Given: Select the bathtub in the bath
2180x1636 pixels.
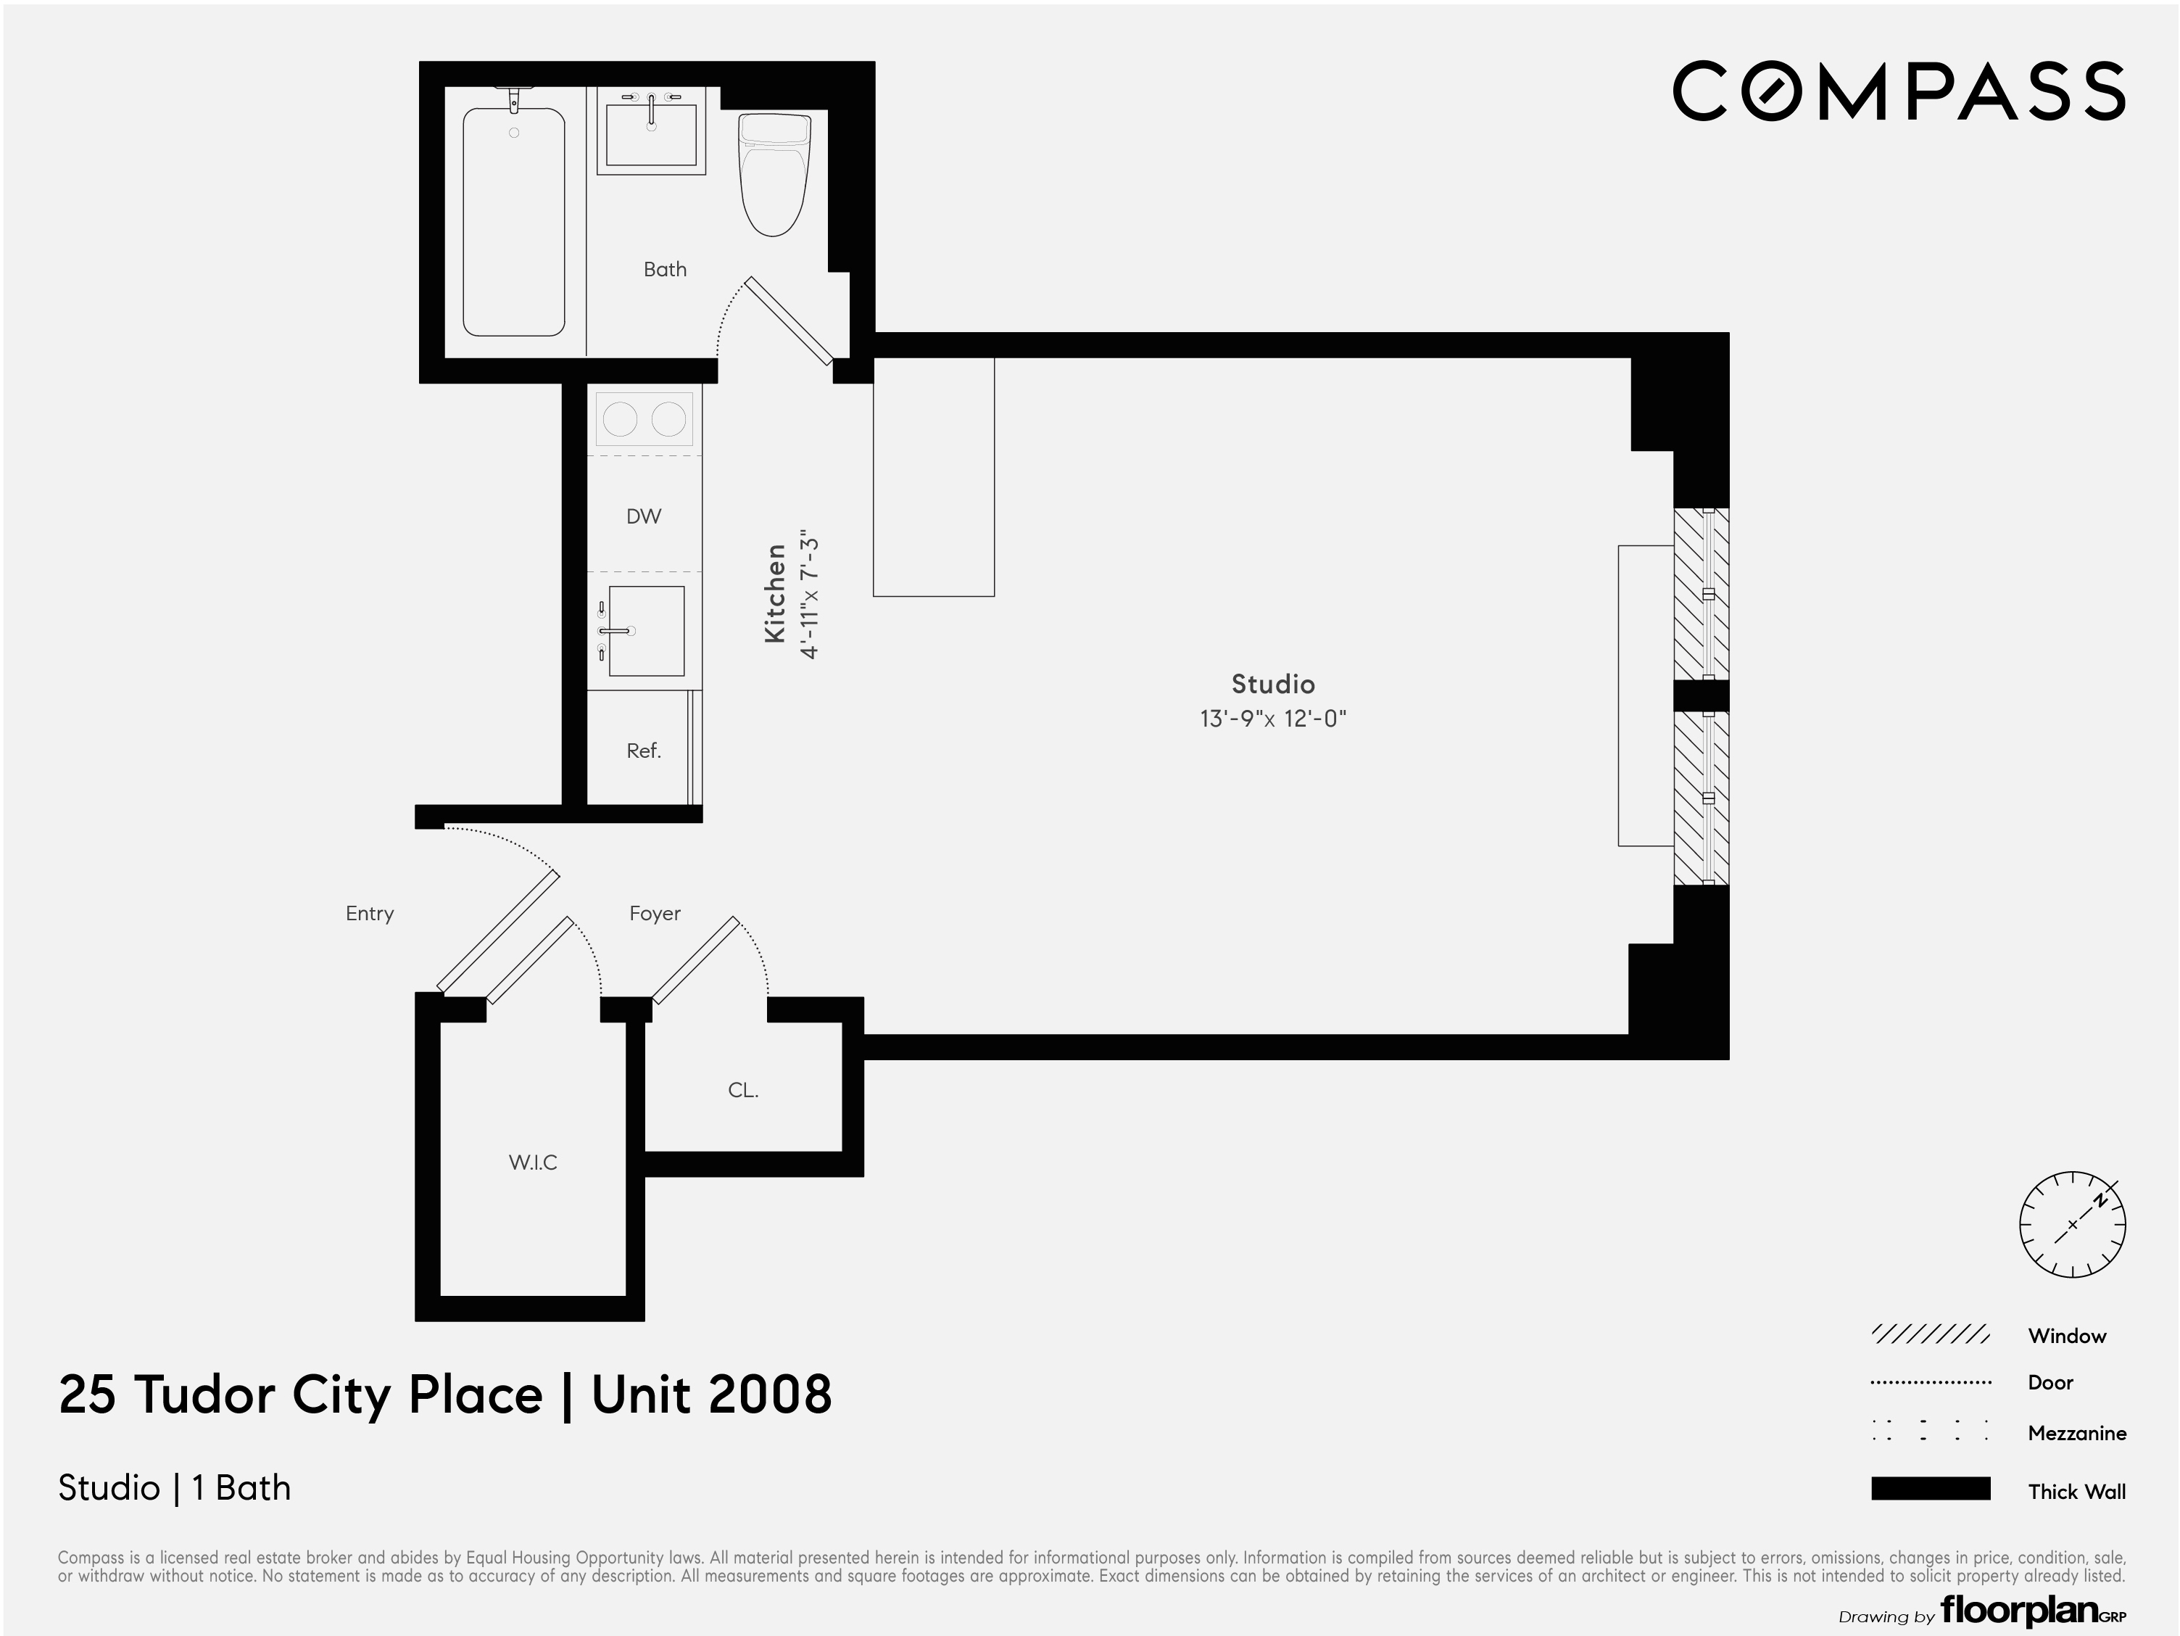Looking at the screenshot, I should coord(513,222).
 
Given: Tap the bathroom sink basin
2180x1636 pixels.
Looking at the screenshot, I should coord(650,134).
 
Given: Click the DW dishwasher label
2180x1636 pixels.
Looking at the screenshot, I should coord(644,516).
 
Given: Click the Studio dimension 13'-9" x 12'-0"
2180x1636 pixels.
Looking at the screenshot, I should coord(1272,719).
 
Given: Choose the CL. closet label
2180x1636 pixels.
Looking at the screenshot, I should coord(743,1090).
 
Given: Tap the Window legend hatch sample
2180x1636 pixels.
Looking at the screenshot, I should coord(1930,1335).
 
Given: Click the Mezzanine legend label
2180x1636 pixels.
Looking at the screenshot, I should coord(2076,1433).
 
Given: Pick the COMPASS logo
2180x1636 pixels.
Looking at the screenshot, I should coord(1898,91).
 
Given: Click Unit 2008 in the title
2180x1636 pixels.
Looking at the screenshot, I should coord(711,1395).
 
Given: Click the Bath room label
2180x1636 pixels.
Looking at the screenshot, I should coord(664,269).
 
